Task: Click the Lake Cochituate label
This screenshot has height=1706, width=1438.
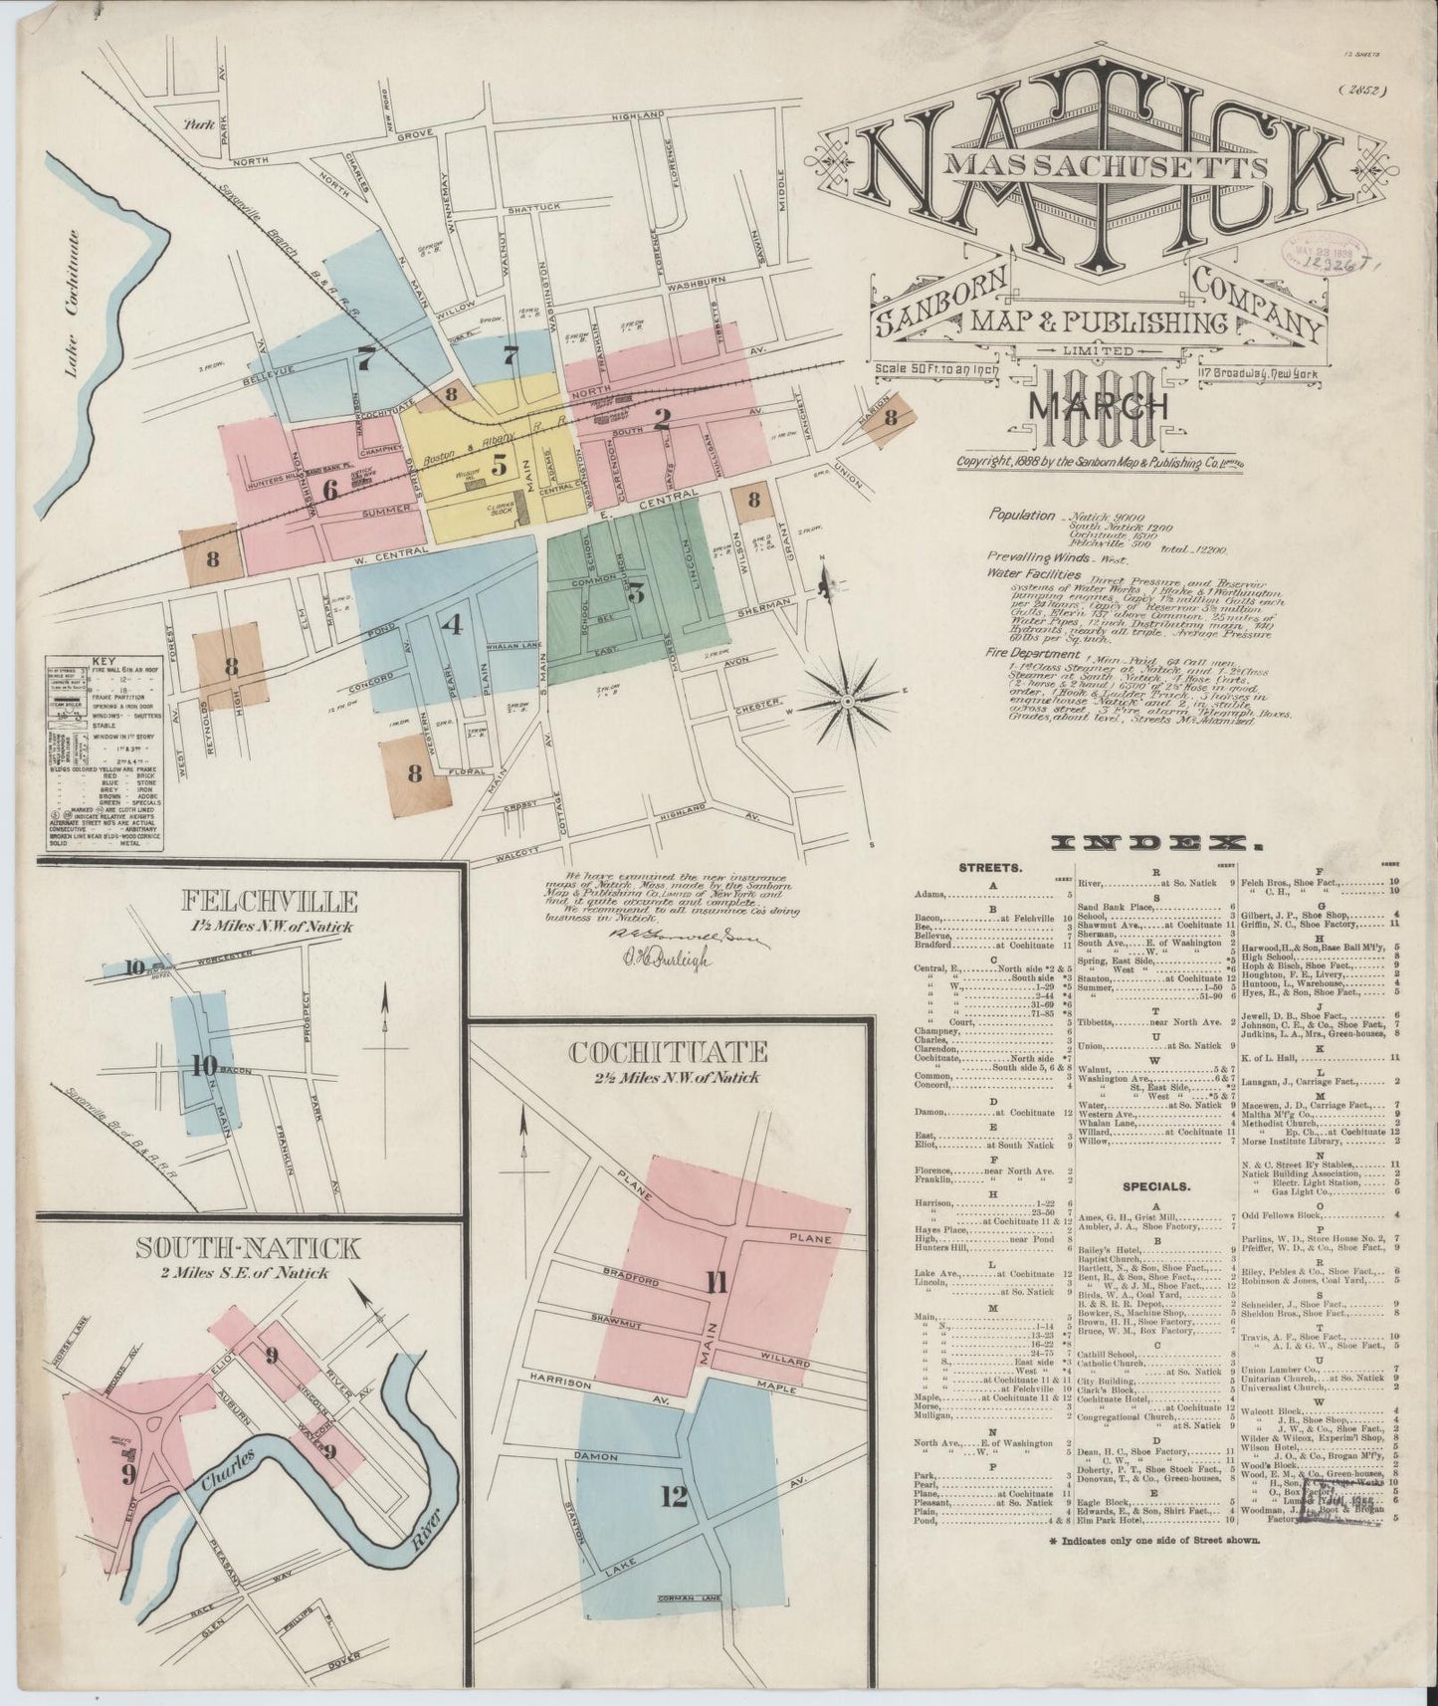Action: pyautogui.click(x=71, y=305)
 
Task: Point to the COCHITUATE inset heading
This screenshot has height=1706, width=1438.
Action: pyautogui.click(x=668, y=1052)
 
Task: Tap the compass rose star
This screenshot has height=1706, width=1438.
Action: pyautogui.click(x=848, y=701)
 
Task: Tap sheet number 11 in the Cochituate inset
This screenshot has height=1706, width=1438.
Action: pyautogui.click(x=715, y=1282)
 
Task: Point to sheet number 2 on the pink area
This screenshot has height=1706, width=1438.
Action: pyautogui.click(x=661, y=419)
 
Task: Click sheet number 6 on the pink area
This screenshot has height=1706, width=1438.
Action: pyautogui.click(x=331, y=488)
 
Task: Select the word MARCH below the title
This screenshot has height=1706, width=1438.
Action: pyautogui.click(x=1098, y=405)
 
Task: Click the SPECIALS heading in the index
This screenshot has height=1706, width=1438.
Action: pyautogui.click(x=1155, y=1186)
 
